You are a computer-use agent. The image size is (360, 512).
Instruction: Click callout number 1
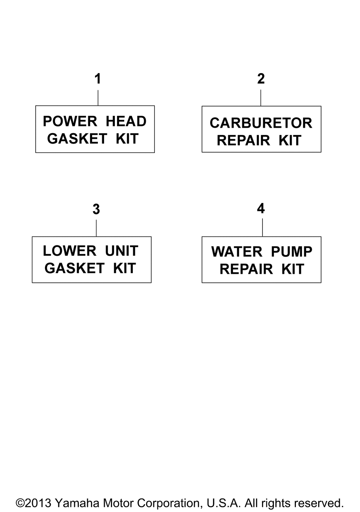pyautogui.click(x=98, y=79)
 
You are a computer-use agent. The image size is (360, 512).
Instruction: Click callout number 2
pyautogui.click(x=261, y=79)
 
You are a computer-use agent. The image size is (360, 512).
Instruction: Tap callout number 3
pyautogui.click(x=96, y=209)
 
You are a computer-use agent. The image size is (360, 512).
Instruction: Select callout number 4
pyautogui.click(x=261, y=208)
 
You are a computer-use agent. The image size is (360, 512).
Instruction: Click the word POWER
pyautogui.click(x=70, y=121)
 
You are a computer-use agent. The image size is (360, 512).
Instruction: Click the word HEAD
pyautogui.click(x=126, y=121)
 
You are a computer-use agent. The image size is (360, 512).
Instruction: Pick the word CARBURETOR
pyautogui.click(x=261, y=123)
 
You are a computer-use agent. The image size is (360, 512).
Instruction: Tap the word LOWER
pyautogui.click(x=69, y=251)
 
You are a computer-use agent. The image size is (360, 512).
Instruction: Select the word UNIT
pyautogui.click(x=121, y=251)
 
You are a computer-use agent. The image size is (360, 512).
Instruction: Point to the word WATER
pyautogui.click(x=237, y=252)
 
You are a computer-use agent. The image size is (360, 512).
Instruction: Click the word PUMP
pyautogui.click(x=292, y=252)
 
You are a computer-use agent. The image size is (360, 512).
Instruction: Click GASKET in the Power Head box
pyautogui.click(x=77, y=139)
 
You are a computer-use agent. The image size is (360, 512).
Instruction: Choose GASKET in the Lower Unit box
pyautogui.click(x=74, y=268)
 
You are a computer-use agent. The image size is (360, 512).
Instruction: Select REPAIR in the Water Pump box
pyautogui.click(x=246, y=269)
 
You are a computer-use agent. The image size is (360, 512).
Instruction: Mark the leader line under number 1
pyautogui.click(x=98, y=98)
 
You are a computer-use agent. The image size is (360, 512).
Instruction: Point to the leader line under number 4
pyautogui.click(x=262, y=227)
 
